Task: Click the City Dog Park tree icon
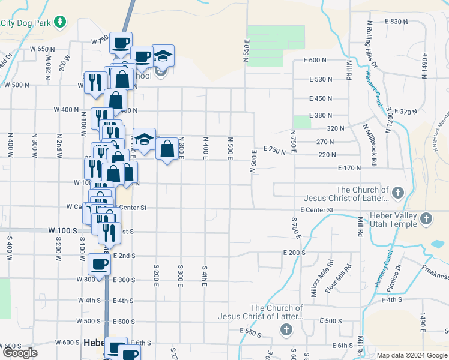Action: (59, 23)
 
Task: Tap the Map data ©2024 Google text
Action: (412, 355)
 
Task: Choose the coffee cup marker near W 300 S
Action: (100, 263)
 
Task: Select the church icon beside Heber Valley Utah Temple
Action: (426, 218)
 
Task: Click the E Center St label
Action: (316, 210)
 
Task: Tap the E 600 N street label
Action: (315, 61)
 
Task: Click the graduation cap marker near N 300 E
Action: (144, 139)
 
